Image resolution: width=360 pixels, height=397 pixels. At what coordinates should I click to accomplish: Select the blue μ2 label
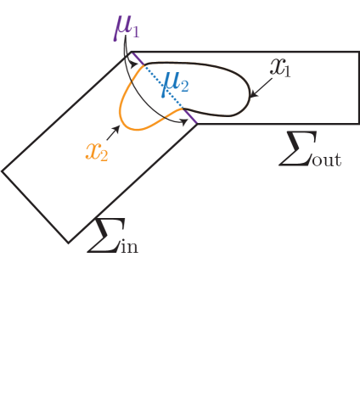click(177, 82)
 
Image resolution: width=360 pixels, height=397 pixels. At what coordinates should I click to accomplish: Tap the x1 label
click(280, 69)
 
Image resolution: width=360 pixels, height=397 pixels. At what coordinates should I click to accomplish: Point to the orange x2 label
click(97, 151)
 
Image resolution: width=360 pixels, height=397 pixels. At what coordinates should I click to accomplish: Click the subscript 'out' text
click(325, 159)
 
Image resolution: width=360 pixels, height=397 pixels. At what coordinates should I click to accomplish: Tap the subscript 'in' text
click(126, 247)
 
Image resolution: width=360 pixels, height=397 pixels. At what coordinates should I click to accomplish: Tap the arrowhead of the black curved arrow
click(185, 124)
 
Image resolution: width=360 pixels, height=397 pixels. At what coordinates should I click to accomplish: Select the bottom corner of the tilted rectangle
click(70, 243)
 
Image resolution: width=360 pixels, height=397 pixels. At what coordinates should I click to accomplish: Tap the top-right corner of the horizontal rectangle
click(357, 53)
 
